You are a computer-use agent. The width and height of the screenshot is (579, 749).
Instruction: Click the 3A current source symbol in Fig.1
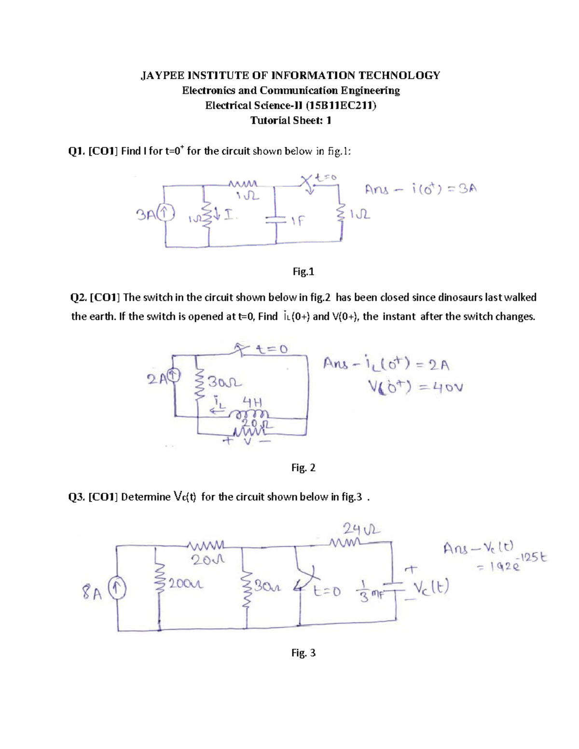[x=165, y=211]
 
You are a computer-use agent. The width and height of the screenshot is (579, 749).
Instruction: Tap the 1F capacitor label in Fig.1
[x=298, y=221]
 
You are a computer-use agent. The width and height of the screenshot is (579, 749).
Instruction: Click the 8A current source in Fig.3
[x=117, y=589]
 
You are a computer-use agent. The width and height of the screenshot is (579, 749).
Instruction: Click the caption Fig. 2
[x=303, y=467]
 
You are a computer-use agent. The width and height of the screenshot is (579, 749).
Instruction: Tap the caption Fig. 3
[x=303, y=653]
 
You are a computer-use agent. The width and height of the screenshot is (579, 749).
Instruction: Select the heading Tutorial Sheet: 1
[x=290, y=121]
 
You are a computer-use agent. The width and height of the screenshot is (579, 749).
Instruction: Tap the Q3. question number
[x=77, y=497]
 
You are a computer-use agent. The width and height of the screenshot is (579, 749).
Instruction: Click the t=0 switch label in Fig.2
[x=272, y=349]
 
